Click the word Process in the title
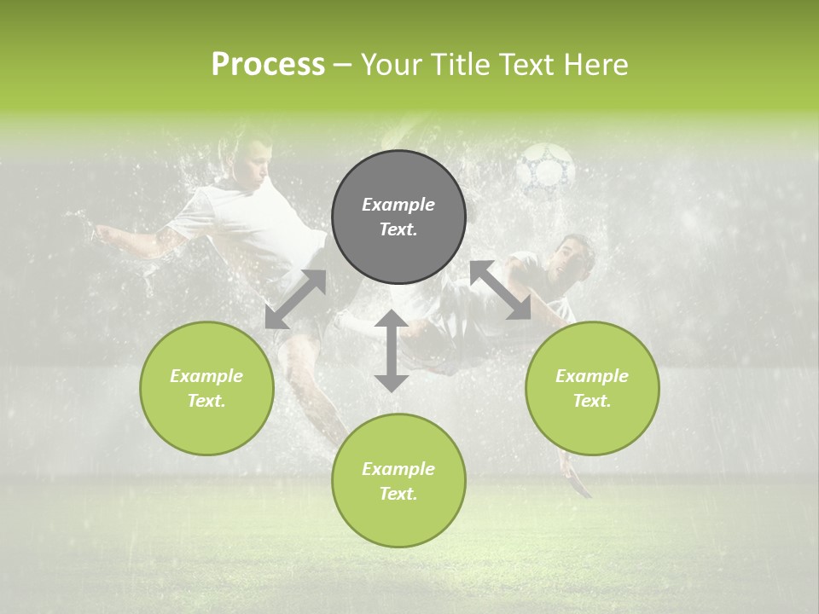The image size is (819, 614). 268,65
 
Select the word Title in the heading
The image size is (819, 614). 459,65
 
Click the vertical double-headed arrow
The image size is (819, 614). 392,350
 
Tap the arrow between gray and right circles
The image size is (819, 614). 501,290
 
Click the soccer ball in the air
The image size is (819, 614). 546,167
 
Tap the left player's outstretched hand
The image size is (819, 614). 100,231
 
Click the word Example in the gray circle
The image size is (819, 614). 398,205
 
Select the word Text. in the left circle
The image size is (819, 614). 206,401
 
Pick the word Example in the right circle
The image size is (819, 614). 592,376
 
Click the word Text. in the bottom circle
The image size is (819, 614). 398,494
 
